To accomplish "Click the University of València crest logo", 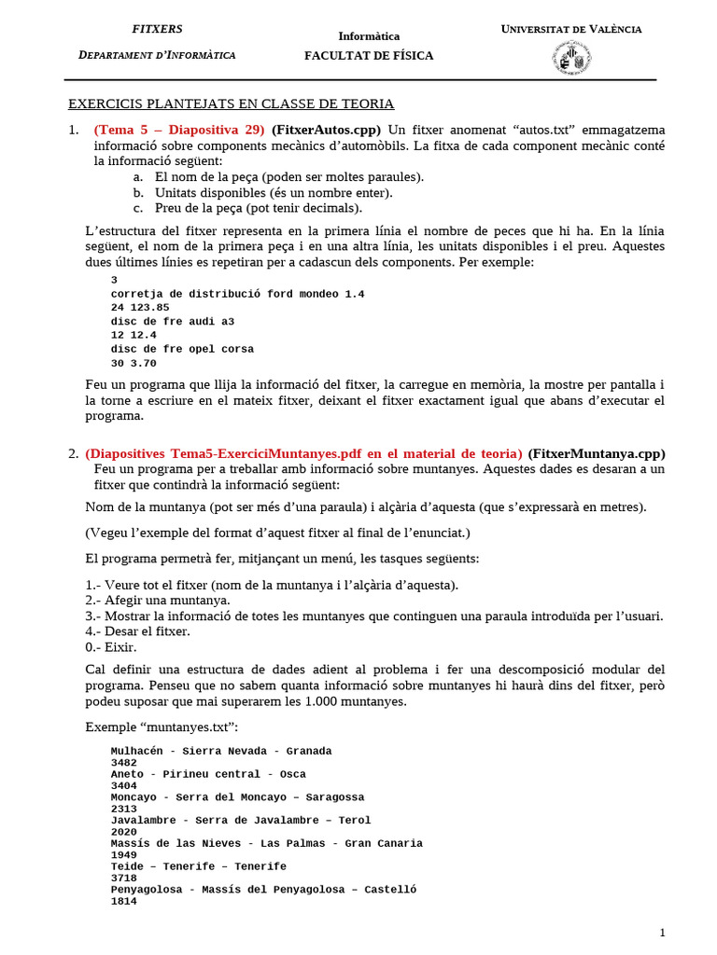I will (571, 60).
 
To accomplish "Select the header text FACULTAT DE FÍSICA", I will (369, 56).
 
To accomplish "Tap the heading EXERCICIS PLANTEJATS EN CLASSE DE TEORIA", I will (232, 104).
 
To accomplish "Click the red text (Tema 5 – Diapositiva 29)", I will (179, 129).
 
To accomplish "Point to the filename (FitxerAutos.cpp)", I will (327, 129).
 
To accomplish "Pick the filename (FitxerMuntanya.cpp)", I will (597, 453).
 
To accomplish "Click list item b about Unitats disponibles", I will (274, 192).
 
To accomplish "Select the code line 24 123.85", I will (140, 307).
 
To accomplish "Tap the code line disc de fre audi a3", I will (173, 321).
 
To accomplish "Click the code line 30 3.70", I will (134, 363).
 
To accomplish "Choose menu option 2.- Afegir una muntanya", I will (157, 600).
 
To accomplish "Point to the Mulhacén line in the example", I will (221, 751).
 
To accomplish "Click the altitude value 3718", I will (123, 879).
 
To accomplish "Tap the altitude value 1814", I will (123, 902).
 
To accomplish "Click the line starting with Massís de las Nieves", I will (266, 843).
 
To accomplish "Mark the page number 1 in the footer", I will (662, 933).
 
